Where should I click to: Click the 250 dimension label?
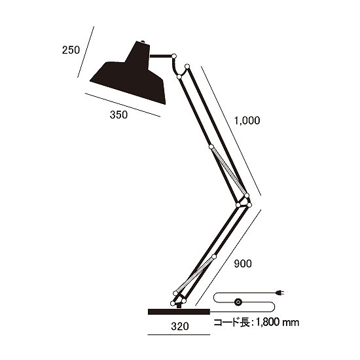coord(71,50)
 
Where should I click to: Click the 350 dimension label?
coord(118,115)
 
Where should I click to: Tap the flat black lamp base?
coord(179,311)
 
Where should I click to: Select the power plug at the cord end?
coord(283,292)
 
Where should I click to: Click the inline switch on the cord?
coord(238,303)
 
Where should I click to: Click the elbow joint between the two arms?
coord(244,200)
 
